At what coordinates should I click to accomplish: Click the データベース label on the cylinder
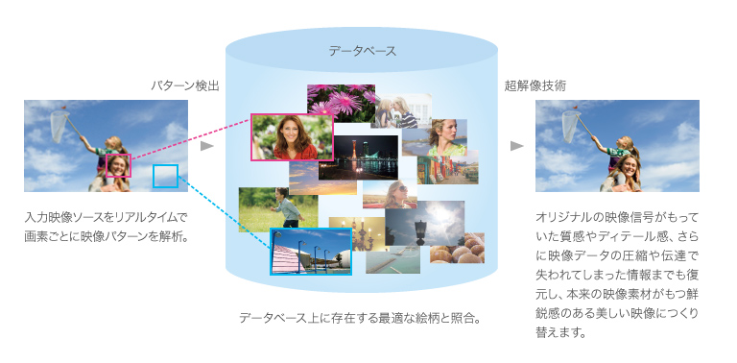pyautogui.click(x=362, y=51)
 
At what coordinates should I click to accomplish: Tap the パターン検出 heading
pyautogui.click(x=185, y=85)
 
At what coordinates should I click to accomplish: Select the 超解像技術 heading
pyautogui.click(x=535, y=85)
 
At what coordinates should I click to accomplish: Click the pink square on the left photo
pyautogui.click(x=118, y=164)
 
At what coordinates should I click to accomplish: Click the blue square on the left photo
pyautogui.click(x=165, y=176)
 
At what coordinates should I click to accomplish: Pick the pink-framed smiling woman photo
pyautogui.click(x=292, y=137)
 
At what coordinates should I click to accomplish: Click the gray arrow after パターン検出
pyautogui.click(x=205, y=147)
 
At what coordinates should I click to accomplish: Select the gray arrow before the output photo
pyautogui.click(x=516, y=147)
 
